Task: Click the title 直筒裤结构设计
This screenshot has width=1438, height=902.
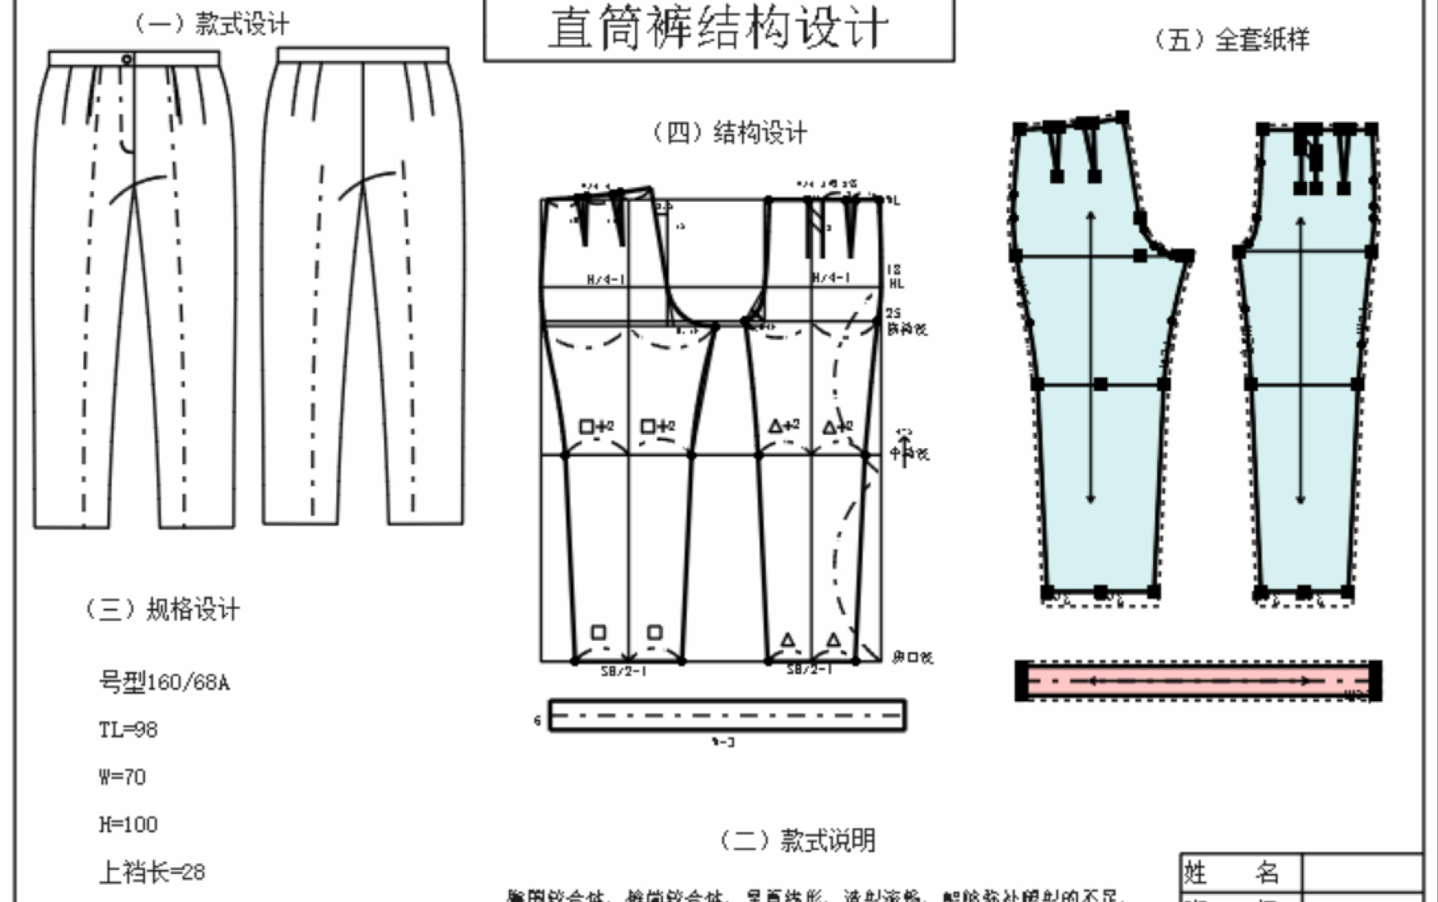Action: tap(718, 29)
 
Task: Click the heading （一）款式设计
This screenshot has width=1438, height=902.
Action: tap(212, 24)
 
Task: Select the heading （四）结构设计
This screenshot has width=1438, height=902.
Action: tap(730, 133)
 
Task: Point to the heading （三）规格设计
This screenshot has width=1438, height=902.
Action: tap(163, 610)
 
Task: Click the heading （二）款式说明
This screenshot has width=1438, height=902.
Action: tap(797, 840)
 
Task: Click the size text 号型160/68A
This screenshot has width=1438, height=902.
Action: tap(164, 682)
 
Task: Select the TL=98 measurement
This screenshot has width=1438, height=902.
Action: tap(128, 730)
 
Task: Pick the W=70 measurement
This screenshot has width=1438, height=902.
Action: tap(122, 777)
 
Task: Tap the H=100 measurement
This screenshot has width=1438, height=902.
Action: tap(128, 825)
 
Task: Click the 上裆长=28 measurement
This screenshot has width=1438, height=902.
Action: tap(152, 872)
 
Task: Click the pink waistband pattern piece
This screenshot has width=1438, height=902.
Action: tap(1198, 681)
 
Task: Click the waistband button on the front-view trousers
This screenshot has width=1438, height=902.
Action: tap(127, 59)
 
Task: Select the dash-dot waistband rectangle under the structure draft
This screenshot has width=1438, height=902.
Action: tap(727, 715)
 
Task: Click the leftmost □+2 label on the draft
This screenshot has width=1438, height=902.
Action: tap(596, 427)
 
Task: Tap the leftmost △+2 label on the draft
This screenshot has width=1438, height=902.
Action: tap(783, 426)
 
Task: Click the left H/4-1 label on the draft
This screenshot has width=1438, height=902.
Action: tap(605, 280)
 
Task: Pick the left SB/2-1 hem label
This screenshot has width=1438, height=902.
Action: tap(623, 671)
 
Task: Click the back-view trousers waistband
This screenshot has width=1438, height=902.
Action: tap(363, 54)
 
